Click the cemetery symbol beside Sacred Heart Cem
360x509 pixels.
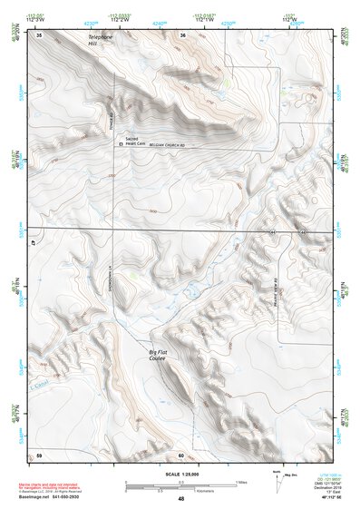click(x=122, y=143)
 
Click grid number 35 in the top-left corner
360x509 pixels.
click(x=39, y=34)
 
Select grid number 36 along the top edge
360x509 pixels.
click(x=182, y=34)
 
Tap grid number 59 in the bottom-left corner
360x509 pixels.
click(x=39, y=454)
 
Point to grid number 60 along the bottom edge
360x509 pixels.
click(x=181, y=454)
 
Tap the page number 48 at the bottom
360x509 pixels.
click(x=181, y=499)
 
